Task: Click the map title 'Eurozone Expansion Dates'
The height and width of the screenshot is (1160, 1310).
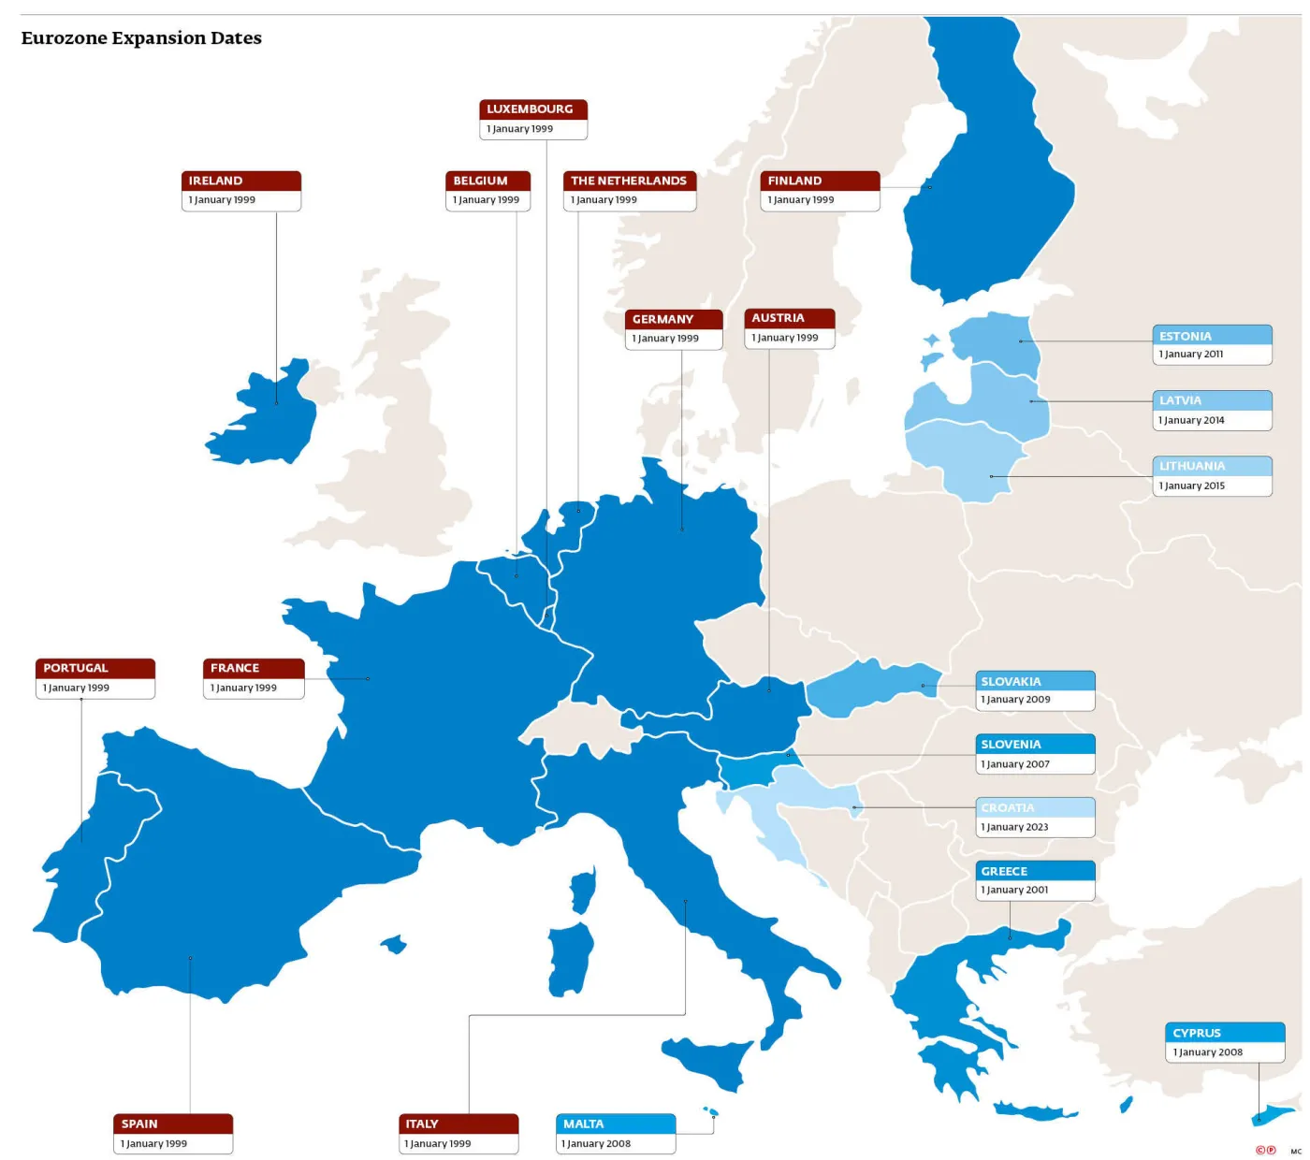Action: tap(141, 38)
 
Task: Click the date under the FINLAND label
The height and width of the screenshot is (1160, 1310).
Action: tap(801, 200)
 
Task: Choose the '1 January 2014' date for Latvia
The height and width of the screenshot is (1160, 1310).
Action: tap(1192, 420)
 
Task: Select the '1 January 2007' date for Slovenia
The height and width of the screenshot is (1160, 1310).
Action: tap(1016, 764)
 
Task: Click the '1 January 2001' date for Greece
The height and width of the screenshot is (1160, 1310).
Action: tap(1015, 890)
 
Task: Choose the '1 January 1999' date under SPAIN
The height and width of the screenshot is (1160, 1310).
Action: tap(154, 1143)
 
